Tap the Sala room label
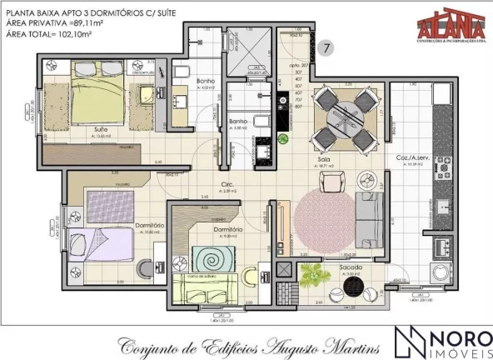[337, 158]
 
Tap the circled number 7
[327, 48]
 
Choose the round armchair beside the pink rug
[364, 181]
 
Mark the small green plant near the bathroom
[283, 138]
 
